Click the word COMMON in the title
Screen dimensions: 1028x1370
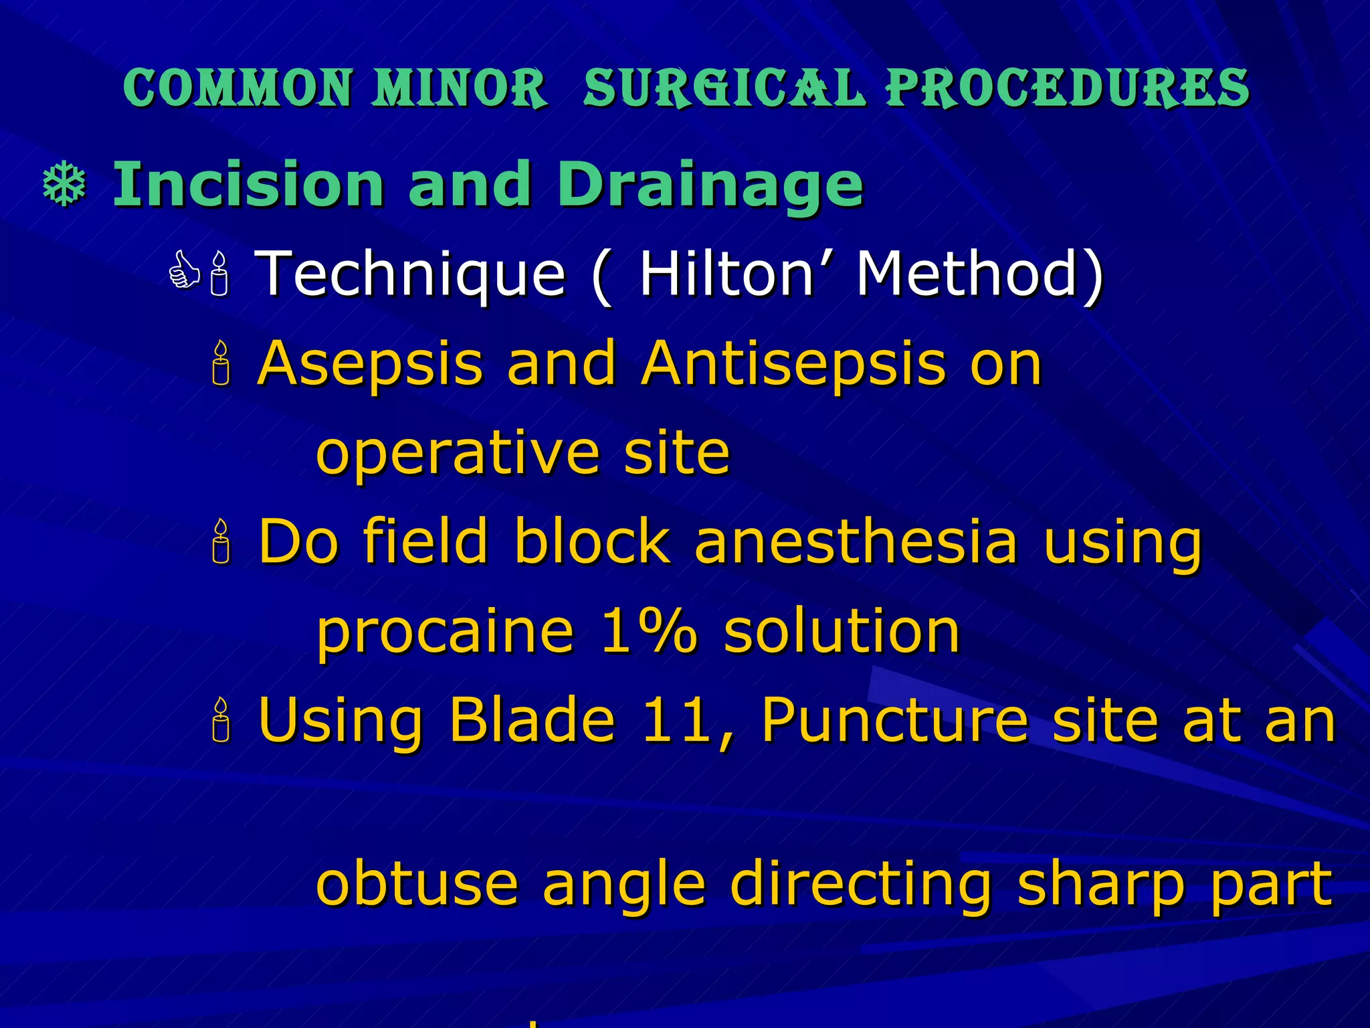click(237, 88)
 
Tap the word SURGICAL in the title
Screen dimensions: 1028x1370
click(724, 88)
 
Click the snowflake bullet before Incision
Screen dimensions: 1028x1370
click(64, 185)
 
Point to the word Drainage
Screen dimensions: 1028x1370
click(710, 185)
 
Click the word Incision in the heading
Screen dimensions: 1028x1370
click(248, 184)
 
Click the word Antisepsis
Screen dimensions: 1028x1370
click(793, 363)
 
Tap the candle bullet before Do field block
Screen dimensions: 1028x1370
click(221, 543)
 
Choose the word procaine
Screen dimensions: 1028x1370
click(445, 632)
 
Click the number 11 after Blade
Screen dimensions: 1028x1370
click(676, 720)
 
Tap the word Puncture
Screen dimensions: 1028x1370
click(894, 720)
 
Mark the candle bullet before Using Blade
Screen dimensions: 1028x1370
click(221, 721)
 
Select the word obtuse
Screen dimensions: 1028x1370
click(416, 883)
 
